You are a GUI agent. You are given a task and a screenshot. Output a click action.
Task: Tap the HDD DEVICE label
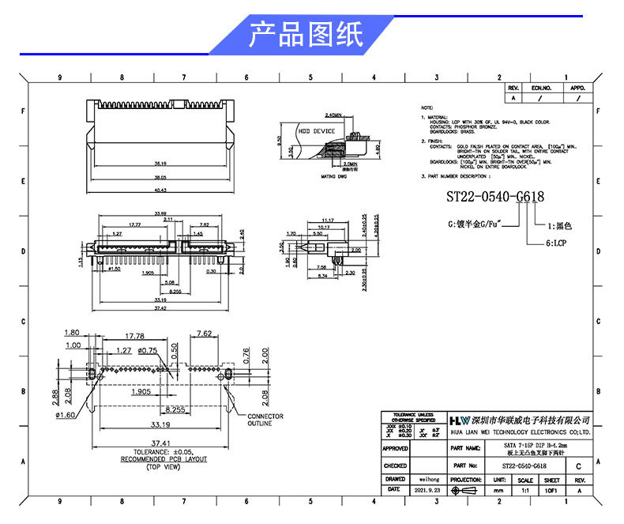[x=316, y=131]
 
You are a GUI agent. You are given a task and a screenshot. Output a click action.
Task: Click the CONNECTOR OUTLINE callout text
[x=265, y=420]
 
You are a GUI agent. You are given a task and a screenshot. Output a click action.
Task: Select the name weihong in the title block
[x=429, y=479]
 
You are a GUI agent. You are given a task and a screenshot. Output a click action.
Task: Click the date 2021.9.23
[x=429, y=490]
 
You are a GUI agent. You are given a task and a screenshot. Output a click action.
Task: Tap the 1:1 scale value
[x=524, y=490]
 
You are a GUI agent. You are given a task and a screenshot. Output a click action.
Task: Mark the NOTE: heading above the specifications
[x=427, y=107]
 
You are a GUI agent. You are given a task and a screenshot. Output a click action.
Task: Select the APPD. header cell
[x=577, y=89]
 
